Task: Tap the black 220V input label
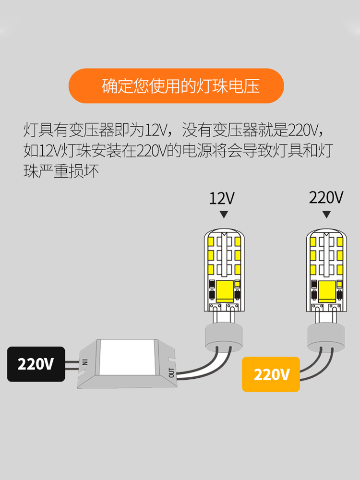(x=36, y=364)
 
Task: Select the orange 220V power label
(x=271, y=374)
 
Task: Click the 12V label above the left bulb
(x=222, y=198)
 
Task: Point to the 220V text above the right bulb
(x=326, y=197)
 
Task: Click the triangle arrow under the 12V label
(x=223, y=214)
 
